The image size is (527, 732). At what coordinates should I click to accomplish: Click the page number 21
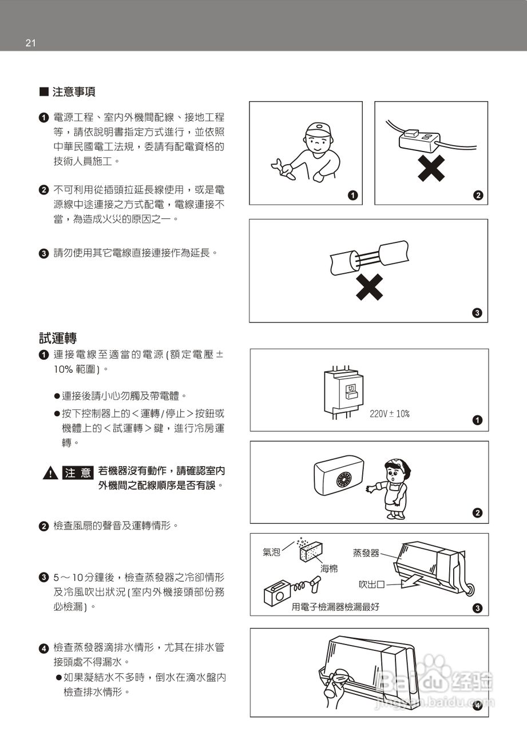click(x=31, y=43)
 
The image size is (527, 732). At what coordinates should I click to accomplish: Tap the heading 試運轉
click(x=58, y=337)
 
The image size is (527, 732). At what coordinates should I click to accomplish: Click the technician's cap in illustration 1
click(x=318, y=128)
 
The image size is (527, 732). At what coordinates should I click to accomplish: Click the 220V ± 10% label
click(x=389, y=413)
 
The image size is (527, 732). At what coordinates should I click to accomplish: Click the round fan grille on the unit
click(x=346, y=478)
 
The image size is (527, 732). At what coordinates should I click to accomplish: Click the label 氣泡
click(x=271, y=552)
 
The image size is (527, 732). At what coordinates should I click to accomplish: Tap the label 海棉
click(x=330, y=568)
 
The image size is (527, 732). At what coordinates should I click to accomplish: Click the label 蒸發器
click(x=366, y=552)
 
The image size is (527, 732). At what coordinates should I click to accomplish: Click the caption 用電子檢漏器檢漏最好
click(x=335, y=607)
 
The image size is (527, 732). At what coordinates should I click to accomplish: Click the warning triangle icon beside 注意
click(x=50, y=473)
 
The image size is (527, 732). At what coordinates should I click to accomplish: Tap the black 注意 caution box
click(x=77, y=473)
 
